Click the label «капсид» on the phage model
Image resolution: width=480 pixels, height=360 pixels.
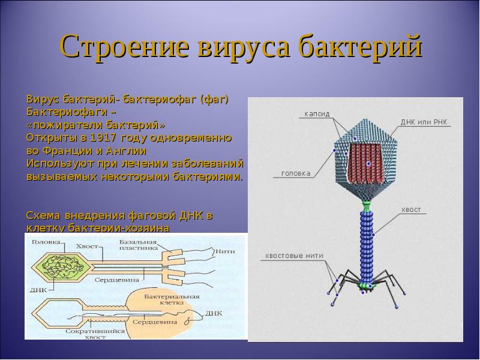[317, 113]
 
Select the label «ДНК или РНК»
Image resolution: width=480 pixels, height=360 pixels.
[424, 122]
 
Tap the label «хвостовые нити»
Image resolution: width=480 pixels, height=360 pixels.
[294, 256]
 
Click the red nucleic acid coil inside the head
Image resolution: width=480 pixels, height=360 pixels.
[367, 163]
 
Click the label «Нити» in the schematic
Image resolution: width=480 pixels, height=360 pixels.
[224, 251]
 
